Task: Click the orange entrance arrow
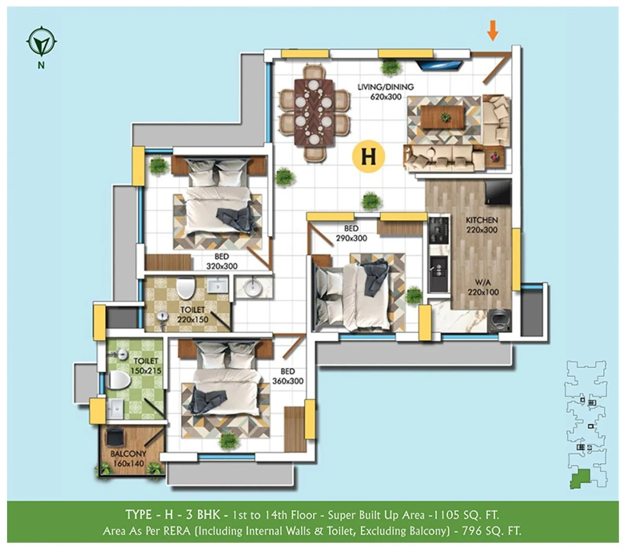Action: coord(493,31)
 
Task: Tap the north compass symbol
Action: coord(42,41)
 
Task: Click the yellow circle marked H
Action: coord(368,156)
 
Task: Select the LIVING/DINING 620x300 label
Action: coord(386,92)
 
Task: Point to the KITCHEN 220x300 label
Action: coord(482,225)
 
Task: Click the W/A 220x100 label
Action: coord(483,287)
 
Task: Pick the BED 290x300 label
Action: coord(351,233)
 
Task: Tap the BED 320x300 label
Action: coord(222,261)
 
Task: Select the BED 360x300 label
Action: coord(288,376)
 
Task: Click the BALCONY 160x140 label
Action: coord(128,458)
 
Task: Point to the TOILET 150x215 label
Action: coord(146,366)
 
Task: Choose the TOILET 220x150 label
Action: coord(192,315)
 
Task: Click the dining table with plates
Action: coord(314,112)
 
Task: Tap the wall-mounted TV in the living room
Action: coord(439,64)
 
